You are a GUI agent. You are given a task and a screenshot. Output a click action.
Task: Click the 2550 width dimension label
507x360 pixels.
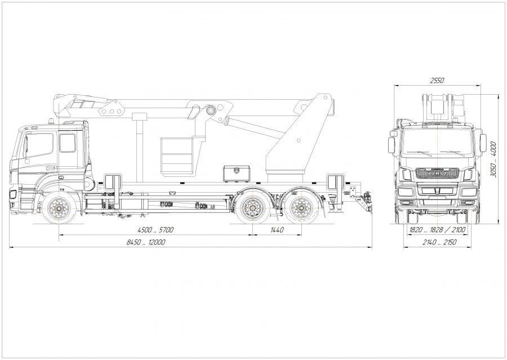[x=437, y=81]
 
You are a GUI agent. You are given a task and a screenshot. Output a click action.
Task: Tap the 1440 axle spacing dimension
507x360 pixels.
[x=277, y=230]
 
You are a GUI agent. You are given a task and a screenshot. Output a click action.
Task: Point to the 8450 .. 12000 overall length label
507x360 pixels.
[x=146, y=242]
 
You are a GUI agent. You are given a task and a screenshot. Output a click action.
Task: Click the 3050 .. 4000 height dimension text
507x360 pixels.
[x=493, y=159]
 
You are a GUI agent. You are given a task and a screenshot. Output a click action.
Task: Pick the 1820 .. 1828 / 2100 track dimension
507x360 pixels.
[x=437, y=230]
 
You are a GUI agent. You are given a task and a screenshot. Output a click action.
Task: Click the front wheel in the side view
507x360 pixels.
[x=59, y=208]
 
